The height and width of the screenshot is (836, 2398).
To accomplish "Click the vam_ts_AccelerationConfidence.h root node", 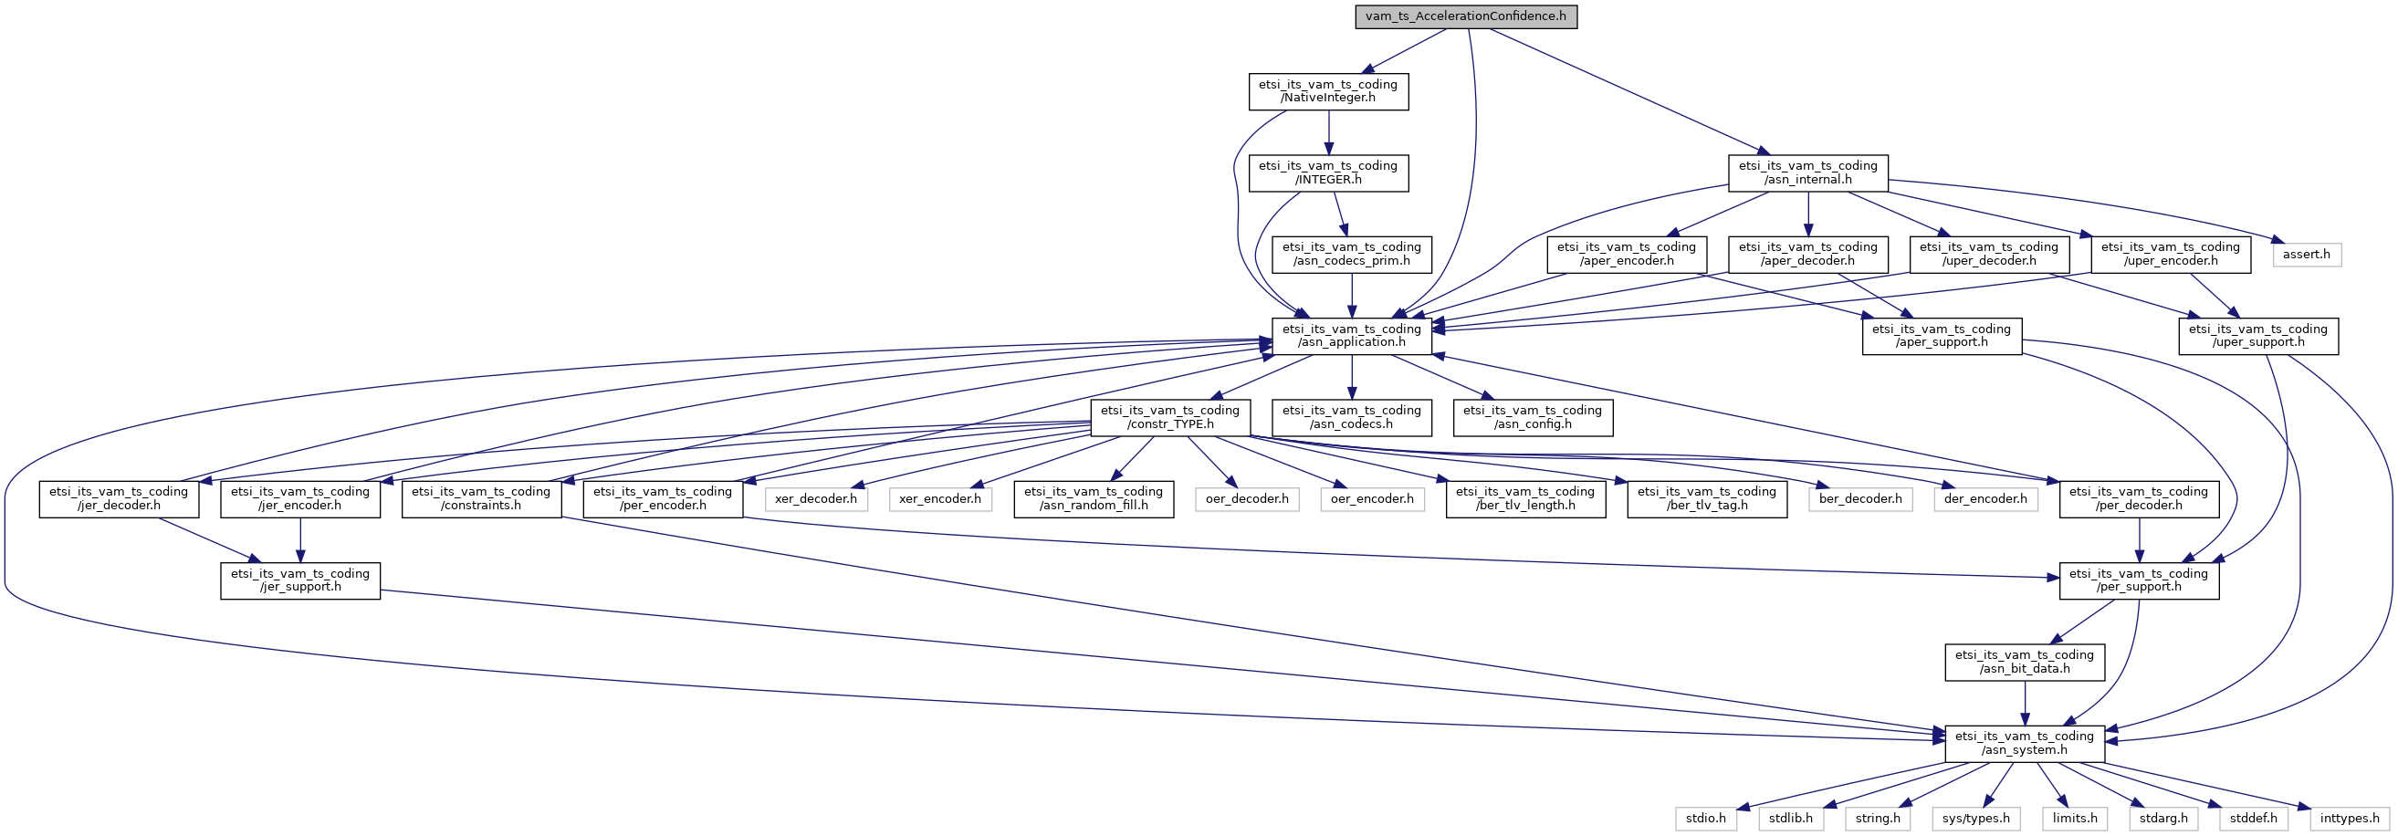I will point(1465,16).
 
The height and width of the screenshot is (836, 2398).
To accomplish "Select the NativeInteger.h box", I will point(1327,91).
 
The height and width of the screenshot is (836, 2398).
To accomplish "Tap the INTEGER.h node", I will point(1327,173).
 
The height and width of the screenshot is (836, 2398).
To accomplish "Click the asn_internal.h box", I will point(1806,173).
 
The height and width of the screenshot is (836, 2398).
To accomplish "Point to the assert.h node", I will point(2306,254).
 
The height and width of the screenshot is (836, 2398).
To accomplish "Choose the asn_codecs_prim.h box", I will point(1352,254).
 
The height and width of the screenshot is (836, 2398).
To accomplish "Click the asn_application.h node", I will point(1352,336).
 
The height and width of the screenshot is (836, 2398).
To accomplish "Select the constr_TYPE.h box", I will point(1170,417).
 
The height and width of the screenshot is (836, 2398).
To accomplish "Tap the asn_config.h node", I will point(1533,417).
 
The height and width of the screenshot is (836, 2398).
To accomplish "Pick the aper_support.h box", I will point(1941,336).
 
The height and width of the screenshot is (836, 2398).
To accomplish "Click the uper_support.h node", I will point(2257,336).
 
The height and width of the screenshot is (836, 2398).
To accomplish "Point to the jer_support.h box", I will point(299,580).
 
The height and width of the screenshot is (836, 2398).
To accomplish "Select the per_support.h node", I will point(2138,580).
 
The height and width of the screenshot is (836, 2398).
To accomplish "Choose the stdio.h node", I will point(1705,819).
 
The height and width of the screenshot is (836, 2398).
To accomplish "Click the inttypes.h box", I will point(2350,819).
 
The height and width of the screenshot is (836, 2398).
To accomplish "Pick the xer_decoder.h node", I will point(815,499).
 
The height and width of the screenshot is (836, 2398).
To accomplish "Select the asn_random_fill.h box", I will point(1093,499).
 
